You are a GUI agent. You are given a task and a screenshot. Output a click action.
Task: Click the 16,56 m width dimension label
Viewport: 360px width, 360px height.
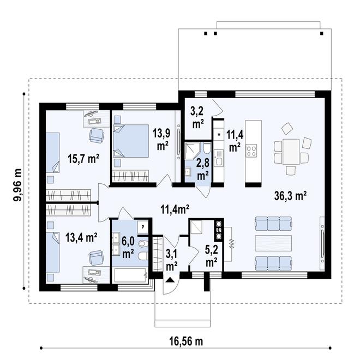pyautogui.click(x=186, y=341)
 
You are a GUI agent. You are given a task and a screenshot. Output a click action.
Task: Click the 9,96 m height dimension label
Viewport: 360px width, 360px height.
pyautogui.click(x=17, y=185)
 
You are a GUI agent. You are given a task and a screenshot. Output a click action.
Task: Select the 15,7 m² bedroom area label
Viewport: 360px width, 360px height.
pyautogui.click(x=83, y=158)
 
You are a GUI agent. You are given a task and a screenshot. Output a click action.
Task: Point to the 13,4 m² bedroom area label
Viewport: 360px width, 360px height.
pyautogui.click(x=81, y=237)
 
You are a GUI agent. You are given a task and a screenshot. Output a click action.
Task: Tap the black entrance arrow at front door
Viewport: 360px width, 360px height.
pyautogui.click(x=170, y=280)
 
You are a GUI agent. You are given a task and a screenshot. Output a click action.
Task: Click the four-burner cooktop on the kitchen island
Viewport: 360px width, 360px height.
pyautogui.click(x=251, y=151)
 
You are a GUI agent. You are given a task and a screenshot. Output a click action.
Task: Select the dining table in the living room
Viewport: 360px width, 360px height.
pyautogui.click(x=291, y=152)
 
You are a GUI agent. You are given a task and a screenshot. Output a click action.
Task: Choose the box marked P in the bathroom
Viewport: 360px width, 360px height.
pyautogui.click(x=143, y=227)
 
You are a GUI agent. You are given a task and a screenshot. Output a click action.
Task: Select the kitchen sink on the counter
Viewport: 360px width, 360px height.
pyautogui.click(x=219, y=158)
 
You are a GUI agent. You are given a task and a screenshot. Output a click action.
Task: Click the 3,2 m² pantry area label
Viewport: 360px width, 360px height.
pyautogui.click(x=198, y=117)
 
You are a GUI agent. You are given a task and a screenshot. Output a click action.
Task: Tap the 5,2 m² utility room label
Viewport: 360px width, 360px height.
pyautogui.click(x=211, y=256)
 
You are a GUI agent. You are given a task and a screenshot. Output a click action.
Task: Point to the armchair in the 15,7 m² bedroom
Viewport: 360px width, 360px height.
pyautogui.click(x=97, y=135)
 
